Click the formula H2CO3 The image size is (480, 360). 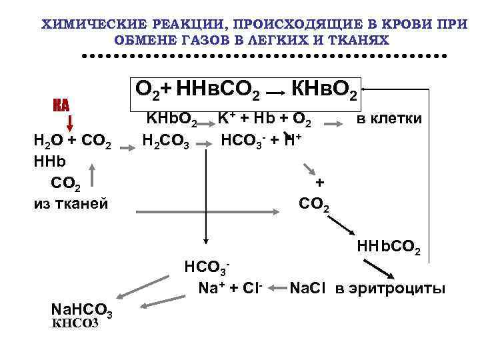point(167,141)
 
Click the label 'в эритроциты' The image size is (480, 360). point(389,289)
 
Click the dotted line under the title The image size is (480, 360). point(263,56)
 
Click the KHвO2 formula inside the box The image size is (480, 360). point(327,89)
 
